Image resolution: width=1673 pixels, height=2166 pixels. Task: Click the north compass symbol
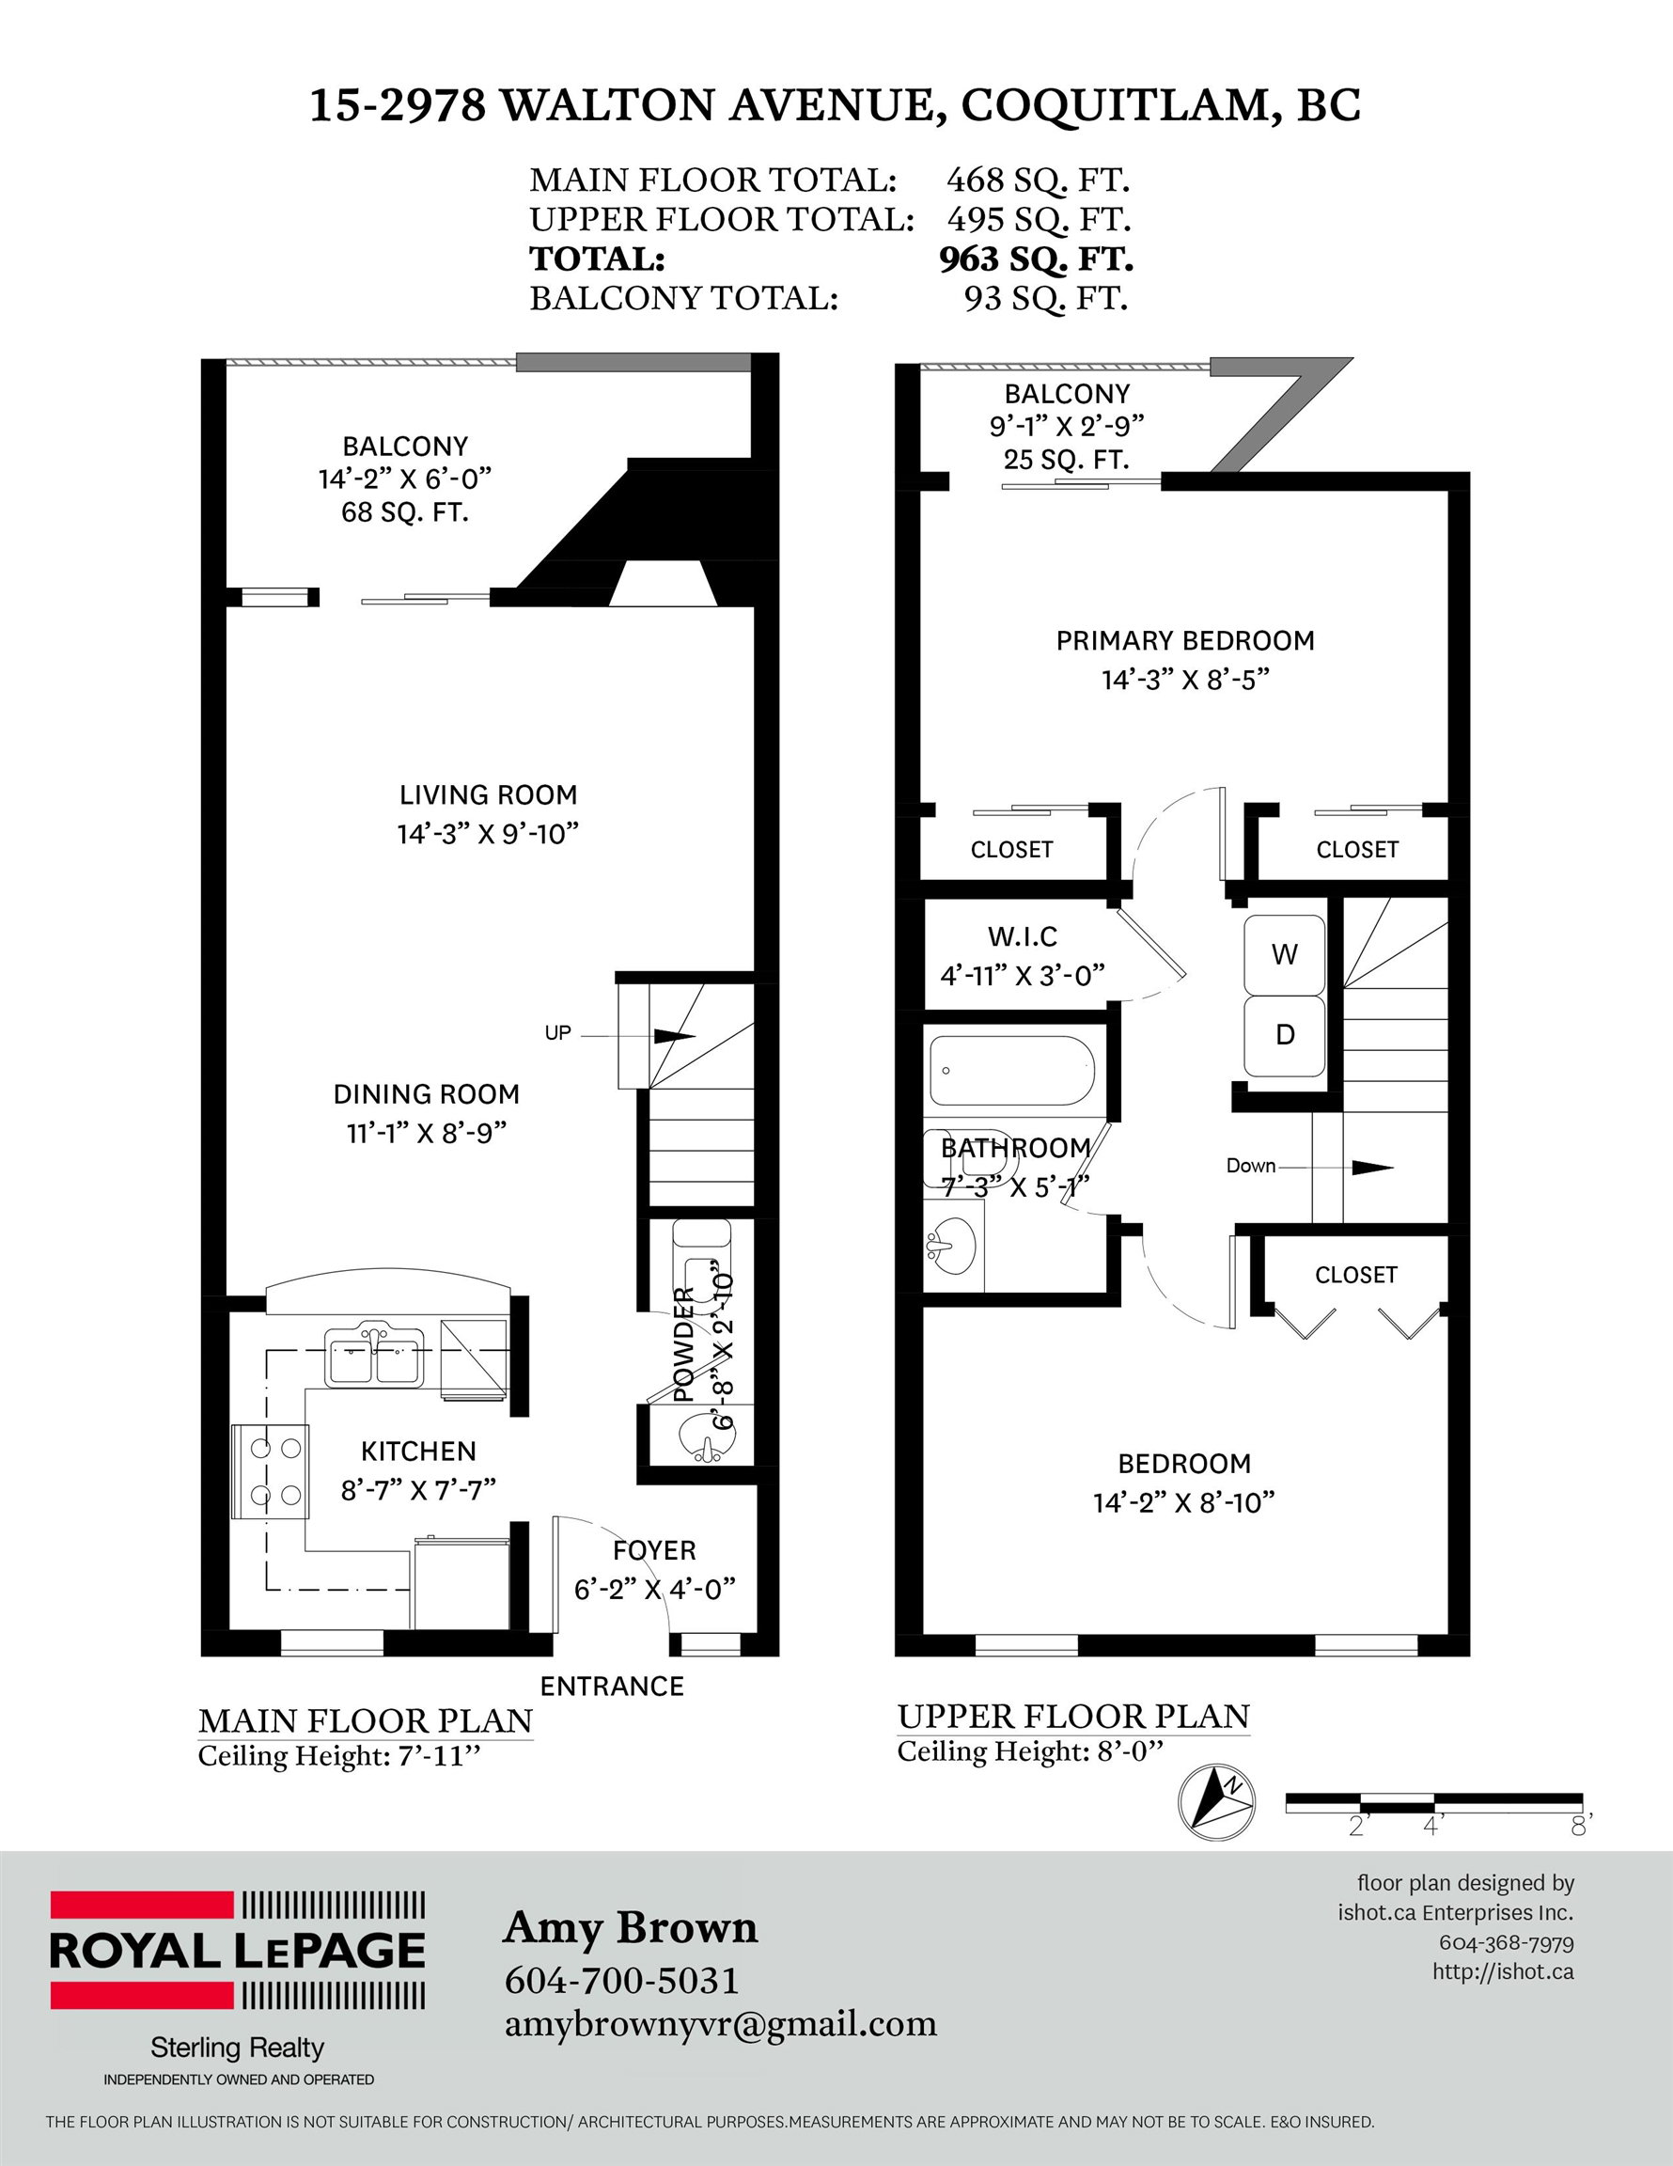tap(1216, 1803)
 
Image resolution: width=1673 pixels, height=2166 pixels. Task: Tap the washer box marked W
tap(1284, 955)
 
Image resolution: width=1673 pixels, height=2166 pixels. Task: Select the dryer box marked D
tap(1284, 1035)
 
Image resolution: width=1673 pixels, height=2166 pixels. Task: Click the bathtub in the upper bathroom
tap(1010, 1071)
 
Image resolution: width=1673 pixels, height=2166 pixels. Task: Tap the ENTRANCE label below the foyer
tap(612, 1686)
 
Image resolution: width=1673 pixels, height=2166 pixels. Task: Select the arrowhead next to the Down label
tap(1373, 1168)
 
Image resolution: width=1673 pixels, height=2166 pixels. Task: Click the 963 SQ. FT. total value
tap(1037, 259)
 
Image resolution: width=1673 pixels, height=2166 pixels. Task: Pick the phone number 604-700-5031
tap(622, 1982)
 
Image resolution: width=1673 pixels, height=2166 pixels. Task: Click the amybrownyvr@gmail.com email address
tap(721, 2024)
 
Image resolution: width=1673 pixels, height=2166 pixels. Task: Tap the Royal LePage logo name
tap(237, 1950)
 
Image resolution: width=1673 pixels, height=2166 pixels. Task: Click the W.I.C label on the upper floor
tap(1023, 936)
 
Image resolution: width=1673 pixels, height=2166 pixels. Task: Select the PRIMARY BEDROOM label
tap(1185, 640)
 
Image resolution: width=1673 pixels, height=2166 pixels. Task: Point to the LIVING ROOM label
tap(488, 794)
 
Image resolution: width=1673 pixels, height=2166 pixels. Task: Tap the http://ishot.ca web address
tap(1503, 1971)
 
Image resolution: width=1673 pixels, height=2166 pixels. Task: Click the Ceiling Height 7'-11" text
tap(339, 1755)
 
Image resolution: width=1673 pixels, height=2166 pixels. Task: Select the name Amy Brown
tap(631, 1928)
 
